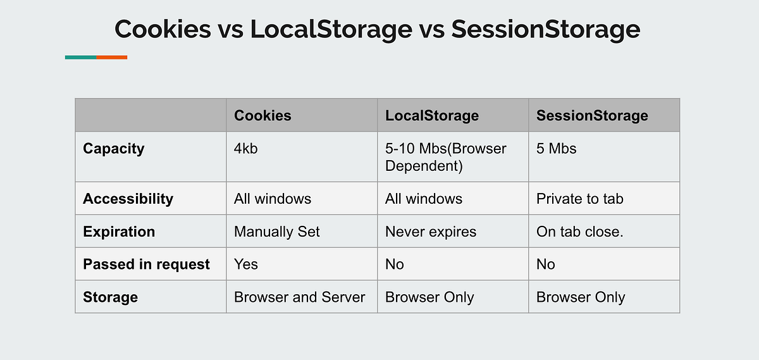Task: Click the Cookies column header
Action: [262, 115]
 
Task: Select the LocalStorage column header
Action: [432, 115]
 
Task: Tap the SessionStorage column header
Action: [592, 115]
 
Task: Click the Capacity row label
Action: [114, 149]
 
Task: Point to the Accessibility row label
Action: [128, 199]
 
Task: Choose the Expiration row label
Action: [119, 232]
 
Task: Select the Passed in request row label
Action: [146, 264]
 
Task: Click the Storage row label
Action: [110, 297]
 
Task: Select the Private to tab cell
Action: [579, 199]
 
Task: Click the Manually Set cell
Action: [276, 232]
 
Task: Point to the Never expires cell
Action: [430, 232]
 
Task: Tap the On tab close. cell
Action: [579, 232]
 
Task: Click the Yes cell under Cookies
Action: [246, 264]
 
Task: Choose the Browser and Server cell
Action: [299, 297]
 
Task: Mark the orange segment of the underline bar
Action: [112, 58]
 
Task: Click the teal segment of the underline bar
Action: [80, 58]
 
